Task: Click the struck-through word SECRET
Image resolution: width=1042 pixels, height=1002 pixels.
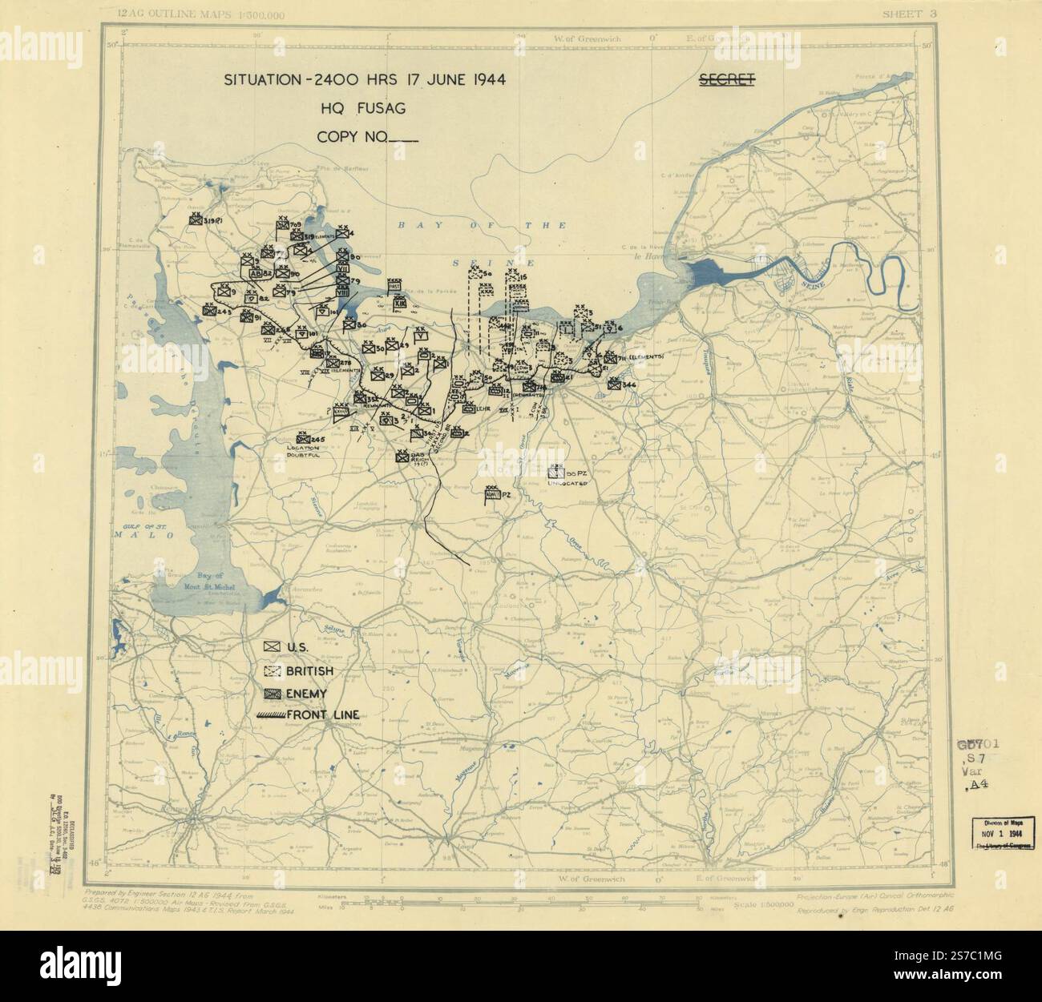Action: click(x=726, y=80)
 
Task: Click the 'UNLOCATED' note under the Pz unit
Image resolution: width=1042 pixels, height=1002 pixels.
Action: click(x=568, y=485)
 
